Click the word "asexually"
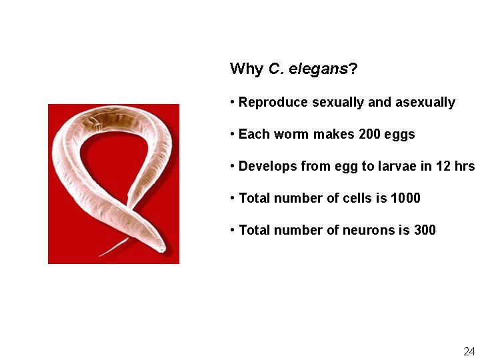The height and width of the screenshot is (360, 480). tap(425, 103)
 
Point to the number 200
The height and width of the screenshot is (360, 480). tap(369, 135)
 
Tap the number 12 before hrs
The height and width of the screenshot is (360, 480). tap(443, 167)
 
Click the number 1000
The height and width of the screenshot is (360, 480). tap(405, 199)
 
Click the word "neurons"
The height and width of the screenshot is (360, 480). tap(369, 231)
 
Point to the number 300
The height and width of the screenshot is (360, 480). tap(425, 231)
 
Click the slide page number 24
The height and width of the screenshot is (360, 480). tap(469, 351)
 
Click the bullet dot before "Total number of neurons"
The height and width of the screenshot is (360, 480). tap(231, 231)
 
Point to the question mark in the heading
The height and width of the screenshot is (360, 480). tap(353, 69)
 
